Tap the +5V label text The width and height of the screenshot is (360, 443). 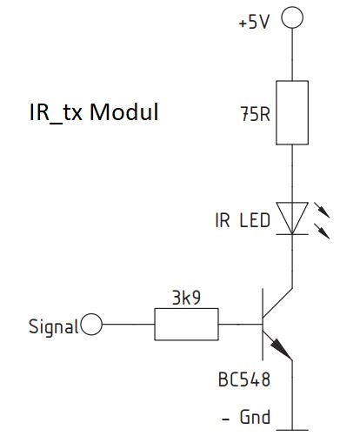pos(254,22)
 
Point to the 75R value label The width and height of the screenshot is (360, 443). pos(255,114)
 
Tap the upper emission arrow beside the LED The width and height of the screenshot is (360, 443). pos(322,210)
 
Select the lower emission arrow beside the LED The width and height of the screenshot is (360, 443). pos(322,232)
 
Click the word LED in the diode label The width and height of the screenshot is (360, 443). pos(255,220)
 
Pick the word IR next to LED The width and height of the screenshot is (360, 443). pos(223,220)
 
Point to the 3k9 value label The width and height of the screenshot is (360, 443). pos(186,298)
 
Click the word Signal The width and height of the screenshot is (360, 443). pos(54,327)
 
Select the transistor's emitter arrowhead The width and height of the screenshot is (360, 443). pos(281,349)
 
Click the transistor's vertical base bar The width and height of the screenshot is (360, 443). pos(263,325)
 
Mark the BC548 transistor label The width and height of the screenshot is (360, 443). pos(244,379)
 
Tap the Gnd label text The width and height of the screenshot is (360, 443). pos(255,417)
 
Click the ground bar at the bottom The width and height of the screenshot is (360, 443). pos(292,430)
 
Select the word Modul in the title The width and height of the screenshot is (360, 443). pos(124,112)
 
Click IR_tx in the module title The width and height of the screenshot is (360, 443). pos(56,113)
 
